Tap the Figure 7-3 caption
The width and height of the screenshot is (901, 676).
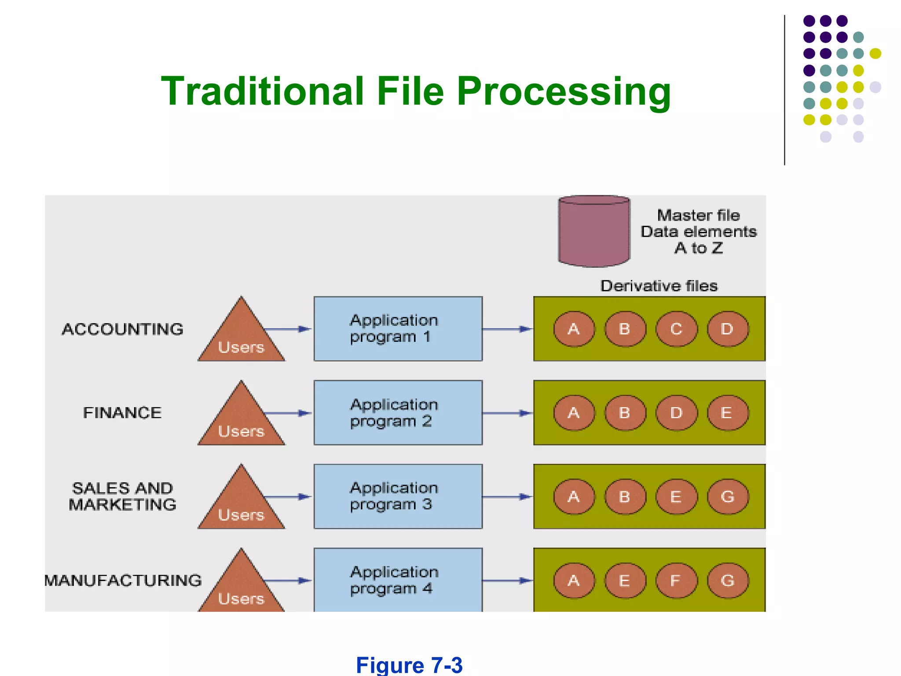pyautogui.click(x=409, y=665)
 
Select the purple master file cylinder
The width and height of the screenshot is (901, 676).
pyautogui.click(x=594, y=232)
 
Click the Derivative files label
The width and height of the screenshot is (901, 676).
pyautogui.click(x=659, y=286)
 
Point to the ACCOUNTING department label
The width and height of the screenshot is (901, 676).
pyautogui.click(x=122, y=329)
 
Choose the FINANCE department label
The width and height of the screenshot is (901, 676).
pyautogui.click(x=122, y=413)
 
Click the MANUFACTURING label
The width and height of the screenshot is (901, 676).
pyautogui.click(x=123, y=580)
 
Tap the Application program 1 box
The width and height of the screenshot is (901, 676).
pyautogui.click(x=398, y=329)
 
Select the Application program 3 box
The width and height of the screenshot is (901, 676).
pyautogui.click(x=398, y=496)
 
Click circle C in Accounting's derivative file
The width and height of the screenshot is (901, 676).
pyautogui.click(x=676, y=329)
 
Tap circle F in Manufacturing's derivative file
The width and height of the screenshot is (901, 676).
pyautogui.click(x=676, y=580)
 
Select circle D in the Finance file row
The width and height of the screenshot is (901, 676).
pyautogui.click(x=676, y=413)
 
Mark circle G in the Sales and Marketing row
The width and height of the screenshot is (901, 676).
pyautogui.click(x=727, y=496)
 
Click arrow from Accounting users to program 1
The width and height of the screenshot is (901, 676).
pyautogui.click(x=288, y=329)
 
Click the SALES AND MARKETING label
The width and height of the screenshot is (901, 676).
pyautogui.click(x=122, y=496)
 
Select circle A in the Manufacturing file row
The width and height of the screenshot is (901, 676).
pyautogui.click(x=573, y=580)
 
